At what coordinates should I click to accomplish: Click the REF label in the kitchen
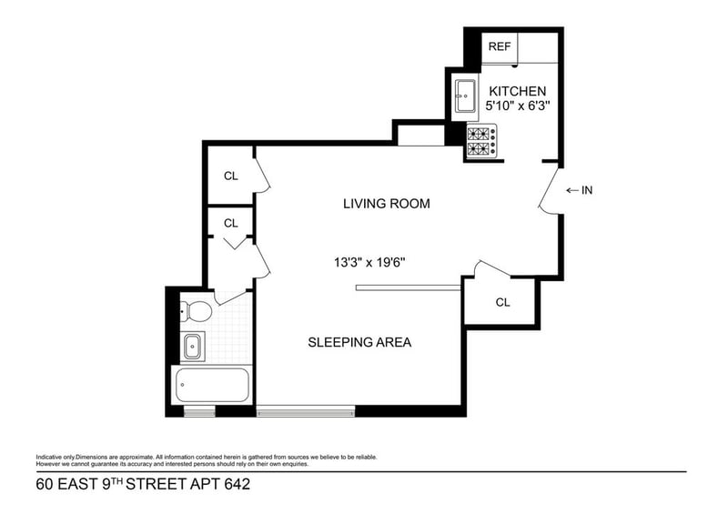(499, 46)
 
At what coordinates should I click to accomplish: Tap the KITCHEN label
(518, 91)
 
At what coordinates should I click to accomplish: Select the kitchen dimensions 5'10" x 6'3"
(518, 106)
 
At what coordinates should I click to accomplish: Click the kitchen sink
(465, 94)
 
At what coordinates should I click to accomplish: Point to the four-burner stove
(481, 141)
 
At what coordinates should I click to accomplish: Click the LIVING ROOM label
(386, 204)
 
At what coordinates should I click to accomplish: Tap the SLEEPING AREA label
(359, 343)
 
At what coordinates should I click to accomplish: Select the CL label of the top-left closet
(230, 176)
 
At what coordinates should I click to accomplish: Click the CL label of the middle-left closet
(230, 223)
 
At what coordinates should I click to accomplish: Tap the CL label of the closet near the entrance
(502, 302)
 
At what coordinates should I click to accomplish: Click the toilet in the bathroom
(195, 312)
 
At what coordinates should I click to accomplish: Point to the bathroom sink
(192, 346)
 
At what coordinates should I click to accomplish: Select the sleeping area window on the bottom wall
(306, 411)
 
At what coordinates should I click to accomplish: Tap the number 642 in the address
(231, 485)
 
